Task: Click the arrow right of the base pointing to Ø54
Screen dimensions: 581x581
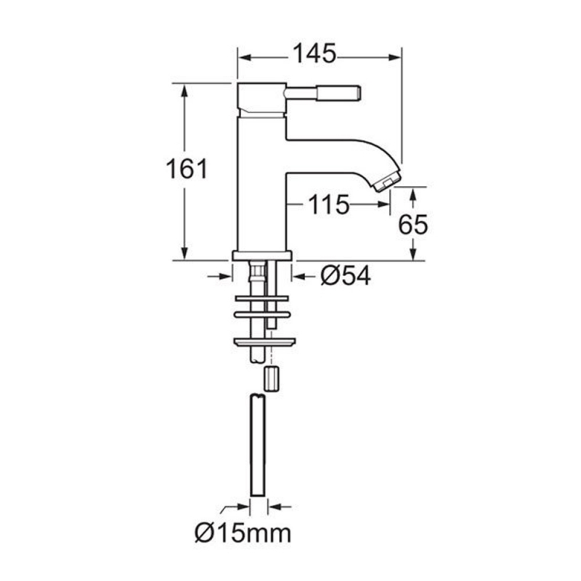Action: pyautogui.click(x=298, y=275)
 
